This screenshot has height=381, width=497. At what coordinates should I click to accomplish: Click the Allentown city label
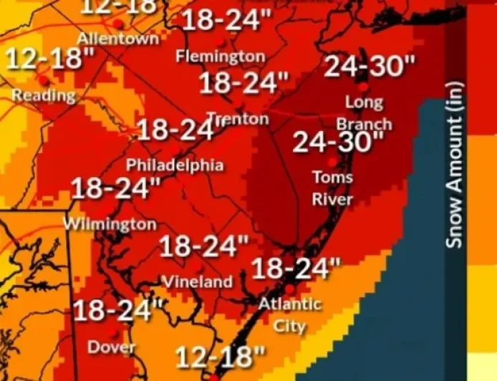pyautogui.click(x=118, y=38)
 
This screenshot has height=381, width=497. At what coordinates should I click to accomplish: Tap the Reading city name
pyautogui.click(x=43, y=95)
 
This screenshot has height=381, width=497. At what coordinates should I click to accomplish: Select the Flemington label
pyautogui.click(x=221, y=56)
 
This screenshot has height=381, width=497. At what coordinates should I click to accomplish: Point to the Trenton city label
pyautogui.click(x=238, y=118)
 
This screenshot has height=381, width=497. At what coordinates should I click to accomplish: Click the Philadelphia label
pyautogui.click(x=175, y=165)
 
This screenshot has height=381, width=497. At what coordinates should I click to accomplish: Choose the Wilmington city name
pyautogui.click(x=110, y=224)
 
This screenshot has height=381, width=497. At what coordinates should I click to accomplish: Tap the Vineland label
pyautogui.click(x=198, y=281)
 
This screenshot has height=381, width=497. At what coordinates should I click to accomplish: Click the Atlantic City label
pyautogui.click(x=290, y=314)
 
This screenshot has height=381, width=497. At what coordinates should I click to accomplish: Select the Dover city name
pyautogui.click(x=112, y=347)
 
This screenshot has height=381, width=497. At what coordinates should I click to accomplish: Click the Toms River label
pyautogui.click(x=332, y=187)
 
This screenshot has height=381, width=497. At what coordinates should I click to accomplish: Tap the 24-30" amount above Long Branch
pyautogui.click(x=370, y=67)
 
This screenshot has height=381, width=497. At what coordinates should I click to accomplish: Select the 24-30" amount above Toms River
pyautogui.click(x=339, y=142)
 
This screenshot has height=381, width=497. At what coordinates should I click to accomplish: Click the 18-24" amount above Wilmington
pyautogui.click(x=115, y=190)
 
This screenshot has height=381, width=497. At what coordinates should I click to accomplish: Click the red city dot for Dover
pyautogui.click(x=115, y=333)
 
